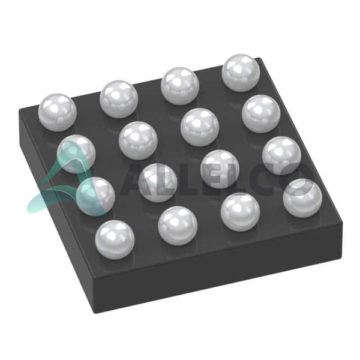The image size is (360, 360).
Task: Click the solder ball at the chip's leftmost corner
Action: click(57, 113)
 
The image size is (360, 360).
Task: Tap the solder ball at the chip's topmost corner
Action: click(241, 73)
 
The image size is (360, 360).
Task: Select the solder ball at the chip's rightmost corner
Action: click(302, 198)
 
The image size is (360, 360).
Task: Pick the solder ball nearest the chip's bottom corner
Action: click(115, 240)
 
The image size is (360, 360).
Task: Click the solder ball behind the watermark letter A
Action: click(158, 183)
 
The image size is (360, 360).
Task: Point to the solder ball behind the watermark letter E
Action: click(220, 169)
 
